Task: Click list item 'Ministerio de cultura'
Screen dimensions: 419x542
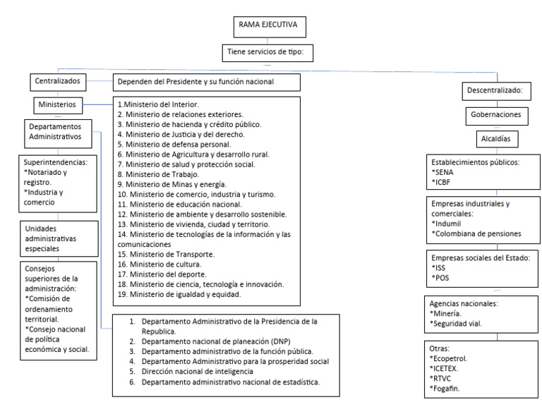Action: pos(159,264)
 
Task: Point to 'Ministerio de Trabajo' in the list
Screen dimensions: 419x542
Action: pos(158,174)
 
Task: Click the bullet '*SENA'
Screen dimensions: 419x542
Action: pos(442,171)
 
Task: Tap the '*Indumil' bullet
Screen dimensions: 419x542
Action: pos(447,224)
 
